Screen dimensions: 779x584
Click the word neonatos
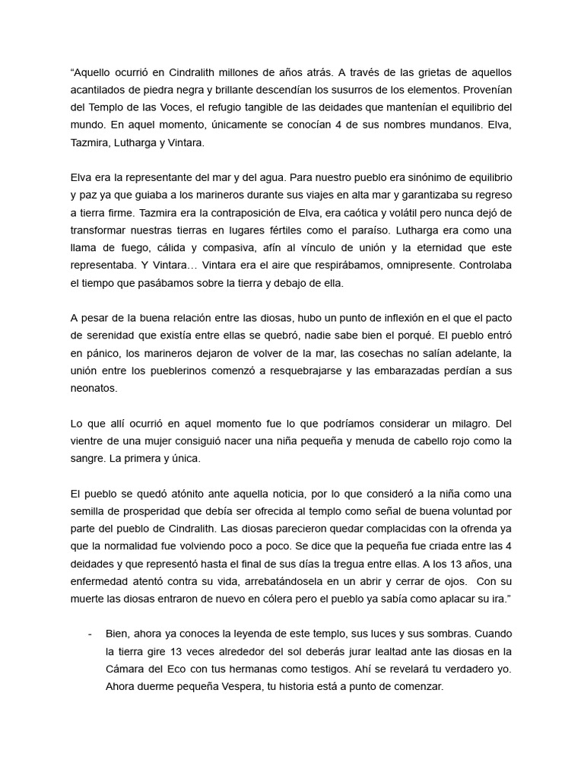click(94, 387)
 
